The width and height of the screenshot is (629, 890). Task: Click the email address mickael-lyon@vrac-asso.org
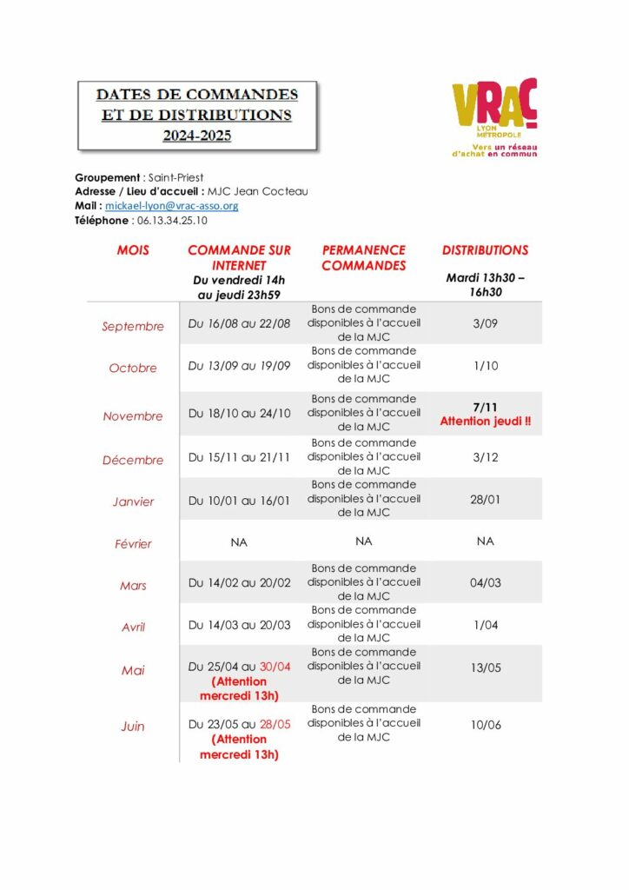[171, 206]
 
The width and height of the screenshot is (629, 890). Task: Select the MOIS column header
[133, 250]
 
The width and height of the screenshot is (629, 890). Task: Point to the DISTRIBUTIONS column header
[485, 250]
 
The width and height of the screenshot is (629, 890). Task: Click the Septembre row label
[133, 327]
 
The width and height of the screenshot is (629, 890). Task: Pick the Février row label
[133, 544]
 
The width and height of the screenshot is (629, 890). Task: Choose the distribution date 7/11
[485, 408]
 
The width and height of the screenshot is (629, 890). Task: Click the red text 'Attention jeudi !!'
[485, 422]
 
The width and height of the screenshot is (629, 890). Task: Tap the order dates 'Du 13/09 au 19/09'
[239, 366]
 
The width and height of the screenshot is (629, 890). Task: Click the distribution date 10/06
[485, 724]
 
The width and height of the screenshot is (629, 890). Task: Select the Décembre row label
[133, 460]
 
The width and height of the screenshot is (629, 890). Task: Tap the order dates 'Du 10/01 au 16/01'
[239, 501]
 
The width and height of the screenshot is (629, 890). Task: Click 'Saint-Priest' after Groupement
[176, 177]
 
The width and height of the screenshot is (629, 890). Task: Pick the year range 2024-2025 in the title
[197, 136]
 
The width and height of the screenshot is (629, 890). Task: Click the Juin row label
[133, 727]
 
